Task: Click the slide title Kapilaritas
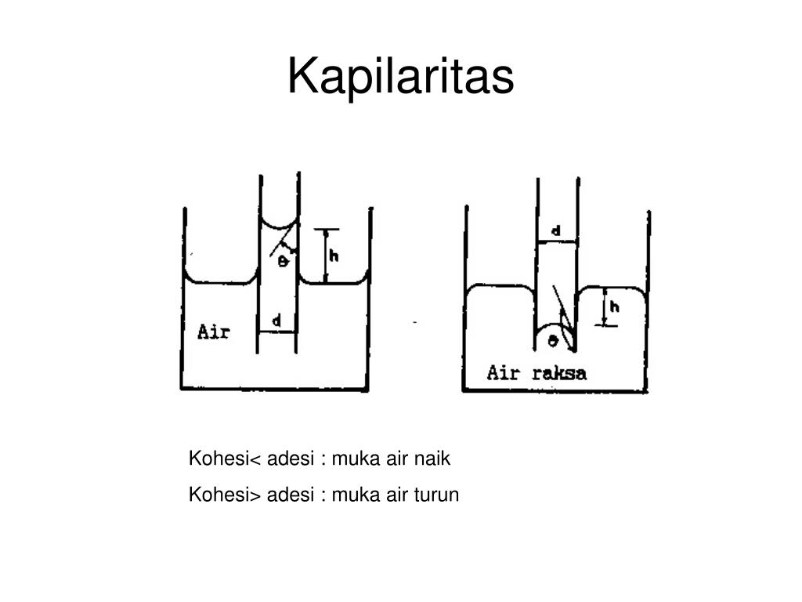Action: [x=400, y=76]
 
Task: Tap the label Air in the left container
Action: [x=214, y=332]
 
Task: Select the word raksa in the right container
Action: [x=559, y=372]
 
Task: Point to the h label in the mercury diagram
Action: [x=614, y=306]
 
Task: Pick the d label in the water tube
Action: [x=276, y=321]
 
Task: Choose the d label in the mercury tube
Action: [x=556, y=231]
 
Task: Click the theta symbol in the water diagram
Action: [x=283, y=262]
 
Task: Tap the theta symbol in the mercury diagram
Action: [x=552, y=340]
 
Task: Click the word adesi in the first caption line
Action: [x=291, y=459]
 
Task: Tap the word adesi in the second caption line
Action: [x=291, y=495]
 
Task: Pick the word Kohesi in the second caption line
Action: [x=219, y=495]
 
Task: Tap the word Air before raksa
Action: [x=504, y=372]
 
